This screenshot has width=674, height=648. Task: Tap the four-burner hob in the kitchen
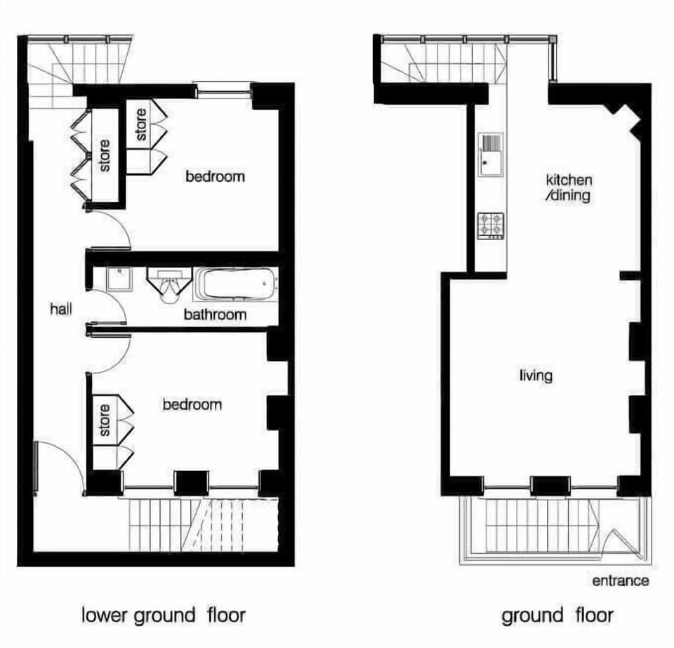(x=491, y=225)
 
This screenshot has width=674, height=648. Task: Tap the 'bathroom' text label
(x=215, y=315)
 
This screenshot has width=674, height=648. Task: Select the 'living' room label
(x=536, y=375)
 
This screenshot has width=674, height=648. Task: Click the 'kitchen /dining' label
(x=569, y=187)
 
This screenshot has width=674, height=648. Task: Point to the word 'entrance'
(x=620, y=581)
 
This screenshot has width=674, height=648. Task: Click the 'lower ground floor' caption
(x=164, y=616)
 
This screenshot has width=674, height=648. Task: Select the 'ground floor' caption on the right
(x=557, y=616)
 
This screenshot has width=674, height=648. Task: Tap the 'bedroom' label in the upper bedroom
(x=215, y=176)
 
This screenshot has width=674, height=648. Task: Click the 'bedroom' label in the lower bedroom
(x=192, y=404)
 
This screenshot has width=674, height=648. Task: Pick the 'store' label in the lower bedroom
(x=105, y=420)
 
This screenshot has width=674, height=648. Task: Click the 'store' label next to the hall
(x=105, y=156)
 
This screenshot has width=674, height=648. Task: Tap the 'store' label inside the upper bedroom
(x=140, y=124)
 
